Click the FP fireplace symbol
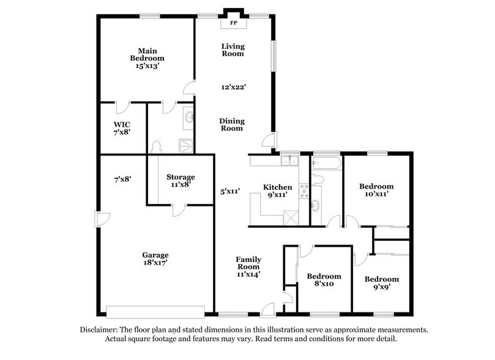click(x=233, y=24)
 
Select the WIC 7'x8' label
click(x=122, y=127)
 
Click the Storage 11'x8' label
click(x=181, y=181)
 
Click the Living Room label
click(x=233, y=50)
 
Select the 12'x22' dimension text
click(x=233, y=87)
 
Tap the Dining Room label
click(x=231, y=124)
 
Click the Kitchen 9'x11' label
click(x=277, y=191)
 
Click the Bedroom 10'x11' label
click(x=376, y=190)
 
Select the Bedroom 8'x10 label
click(x=324, y=280)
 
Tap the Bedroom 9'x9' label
click(x=381, y=283)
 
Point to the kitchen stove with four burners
click(x=303, y=191)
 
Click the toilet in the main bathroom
click(x=155, y=146)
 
